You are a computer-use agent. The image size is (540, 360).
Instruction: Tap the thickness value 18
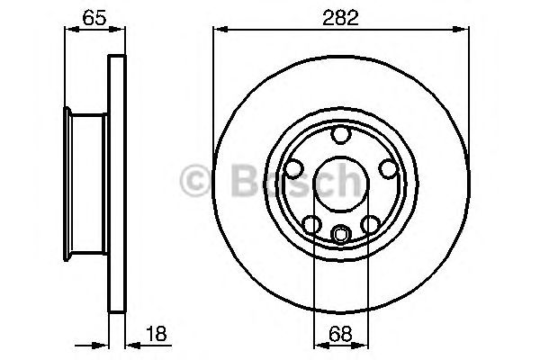coord(156,334)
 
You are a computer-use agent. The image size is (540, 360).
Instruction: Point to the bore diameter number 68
coord(340,334)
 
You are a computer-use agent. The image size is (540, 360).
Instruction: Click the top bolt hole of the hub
coord(340,135)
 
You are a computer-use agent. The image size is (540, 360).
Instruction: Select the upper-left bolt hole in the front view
coord(292,168)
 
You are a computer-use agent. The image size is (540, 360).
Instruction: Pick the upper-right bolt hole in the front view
coord(388,168)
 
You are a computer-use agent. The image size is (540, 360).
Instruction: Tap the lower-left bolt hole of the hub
coord(310,224)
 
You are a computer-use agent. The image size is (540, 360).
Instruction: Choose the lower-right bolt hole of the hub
coord(370,224)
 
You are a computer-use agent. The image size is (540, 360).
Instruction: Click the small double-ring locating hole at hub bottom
coord(340,235)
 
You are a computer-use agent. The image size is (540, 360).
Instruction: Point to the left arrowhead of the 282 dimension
coord(219,31)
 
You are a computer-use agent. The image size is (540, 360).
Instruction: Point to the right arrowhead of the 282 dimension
coord(463,31)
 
